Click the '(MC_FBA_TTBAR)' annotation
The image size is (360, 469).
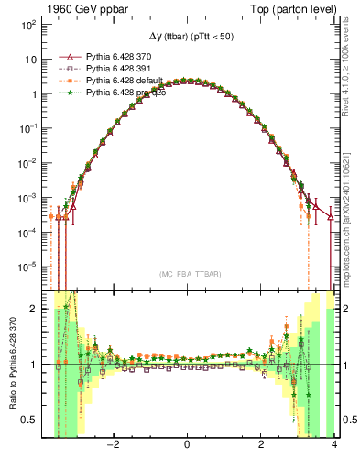(188, 275)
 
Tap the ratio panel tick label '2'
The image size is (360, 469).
(37, 309)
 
